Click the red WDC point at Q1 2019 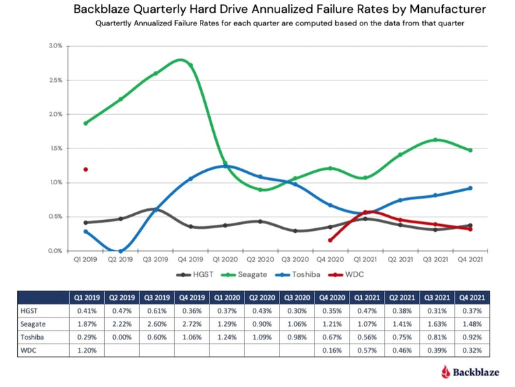85,169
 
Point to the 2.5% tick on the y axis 54,80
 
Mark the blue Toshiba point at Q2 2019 120,251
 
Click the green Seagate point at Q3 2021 435,140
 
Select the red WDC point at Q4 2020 330,240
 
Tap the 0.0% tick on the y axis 54,251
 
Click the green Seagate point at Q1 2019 85,123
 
